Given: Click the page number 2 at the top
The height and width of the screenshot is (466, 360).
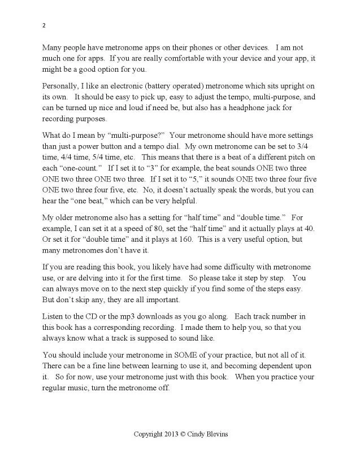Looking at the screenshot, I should pyautogui.click(x=44, y=25).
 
